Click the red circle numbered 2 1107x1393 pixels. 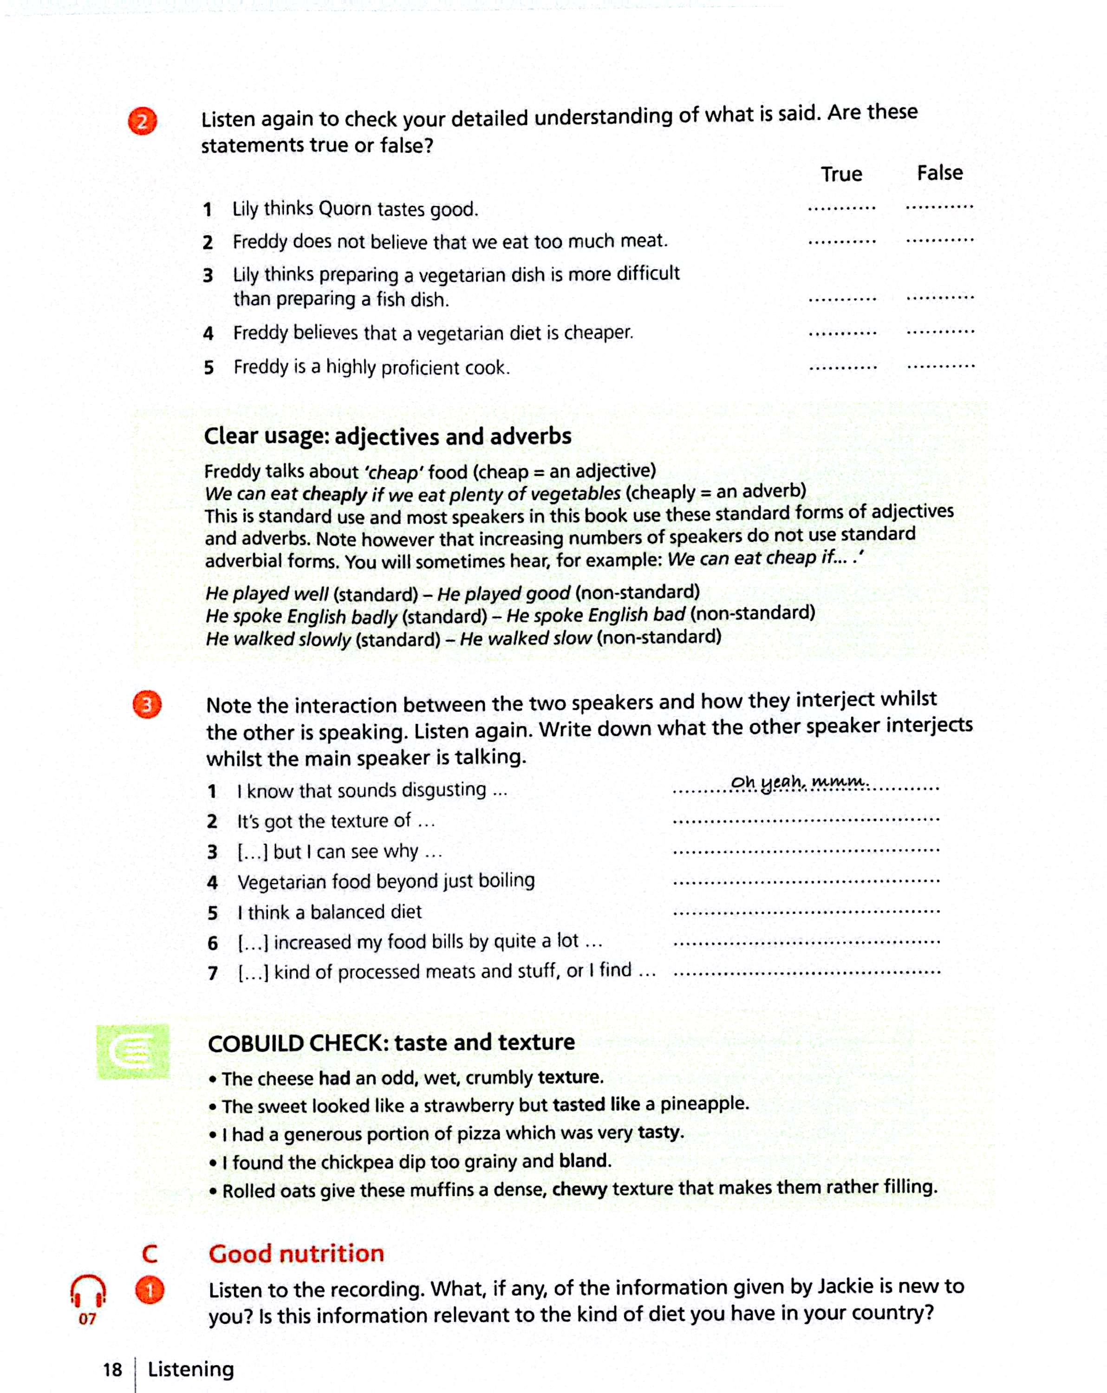(142, 121)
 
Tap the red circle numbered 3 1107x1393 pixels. (147, 704)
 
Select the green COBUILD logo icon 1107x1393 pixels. (133, 1051)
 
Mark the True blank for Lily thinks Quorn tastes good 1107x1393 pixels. (841, 208)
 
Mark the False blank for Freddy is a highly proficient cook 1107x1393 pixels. (941, 366)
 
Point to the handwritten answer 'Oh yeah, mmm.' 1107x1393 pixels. (799, 782)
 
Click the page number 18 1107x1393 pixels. (112, 1370)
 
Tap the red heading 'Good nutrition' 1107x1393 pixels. (296, 1254)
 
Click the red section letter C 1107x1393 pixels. (149, 1255)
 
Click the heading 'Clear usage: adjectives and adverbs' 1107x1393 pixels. (387, 436)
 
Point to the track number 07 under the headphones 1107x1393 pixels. (87, 1319)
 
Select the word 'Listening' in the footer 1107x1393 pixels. (191, 1369)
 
